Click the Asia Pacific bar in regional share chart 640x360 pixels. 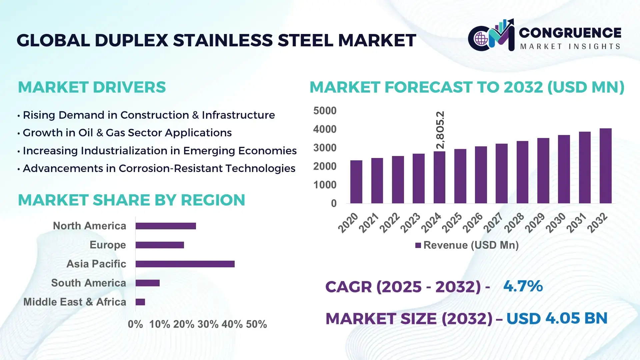coord(185,264)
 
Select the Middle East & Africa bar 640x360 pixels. coord(140,302)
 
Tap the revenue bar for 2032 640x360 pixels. coord(605,166)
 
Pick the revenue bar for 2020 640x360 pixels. coord(356,182)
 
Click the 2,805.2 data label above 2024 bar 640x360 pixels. coord(440,130)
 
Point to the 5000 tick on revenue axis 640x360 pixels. coord(325,111)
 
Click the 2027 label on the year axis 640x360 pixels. coord(493,223)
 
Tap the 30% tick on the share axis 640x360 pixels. coord(208,324)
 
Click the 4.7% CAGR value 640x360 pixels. coord(523,286)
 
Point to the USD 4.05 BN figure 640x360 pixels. coord(557,318)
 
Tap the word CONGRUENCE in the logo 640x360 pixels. coord(570,33)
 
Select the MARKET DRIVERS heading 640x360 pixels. coord(92,87)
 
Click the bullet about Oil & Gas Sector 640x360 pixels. coord(127,133)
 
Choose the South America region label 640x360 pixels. coord(88,283)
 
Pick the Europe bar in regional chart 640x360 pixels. coord(160,245)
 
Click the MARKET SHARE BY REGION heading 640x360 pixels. coord(131,200)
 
